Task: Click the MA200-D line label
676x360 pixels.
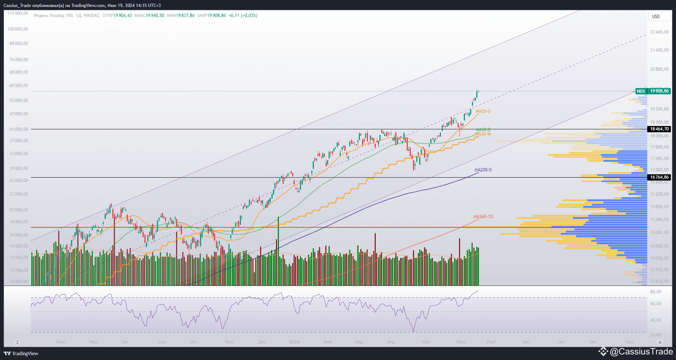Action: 483,170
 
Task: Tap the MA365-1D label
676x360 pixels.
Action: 483,217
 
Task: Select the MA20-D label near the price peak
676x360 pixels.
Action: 483,111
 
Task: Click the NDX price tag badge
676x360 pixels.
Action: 641,91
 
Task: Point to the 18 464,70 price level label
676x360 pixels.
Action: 659,129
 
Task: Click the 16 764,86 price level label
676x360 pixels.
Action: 659,177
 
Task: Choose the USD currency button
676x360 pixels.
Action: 656,16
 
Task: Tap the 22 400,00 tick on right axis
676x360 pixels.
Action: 659,32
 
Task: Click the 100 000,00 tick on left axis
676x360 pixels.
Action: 18,29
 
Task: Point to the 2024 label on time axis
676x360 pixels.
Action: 294,342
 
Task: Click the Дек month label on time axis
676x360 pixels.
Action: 262,342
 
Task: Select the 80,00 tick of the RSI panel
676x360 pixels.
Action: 655,292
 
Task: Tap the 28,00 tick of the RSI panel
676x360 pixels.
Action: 655,335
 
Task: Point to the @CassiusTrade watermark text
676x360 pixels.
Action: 641,352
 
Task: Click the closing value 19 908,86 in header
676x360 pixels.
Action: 217,15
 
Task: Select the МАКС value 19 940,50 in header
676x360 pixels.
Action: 155,15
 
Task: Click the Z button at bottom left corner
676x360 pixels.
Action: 17,342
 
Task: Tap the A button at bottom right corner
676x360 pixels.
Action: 660,342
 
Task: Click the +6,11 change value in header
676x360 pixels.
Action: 234,15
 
